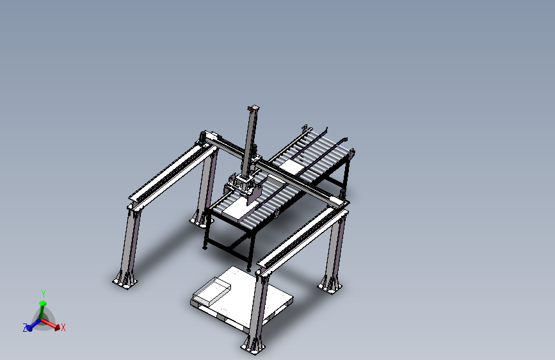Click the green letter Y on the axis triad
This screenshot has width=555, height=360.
[x=44, y=294]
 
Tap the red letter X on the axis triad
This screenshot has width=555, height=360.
[x=63, y=327]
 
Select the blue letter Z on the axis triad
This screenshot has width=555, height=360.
[x=25, y=328]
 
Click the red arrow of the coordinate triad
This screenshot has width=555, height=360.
[x=55, y=325]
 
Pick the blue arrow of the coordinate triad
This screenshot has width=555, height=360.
[x=31, y=326]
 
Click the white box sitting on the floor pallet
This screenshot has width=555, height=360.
[x=211, y=292]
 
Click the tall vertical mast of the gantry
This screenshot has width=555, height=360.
[x=250, y=141]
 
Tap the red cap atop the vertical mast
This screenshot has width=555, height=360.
[x=254, y=106]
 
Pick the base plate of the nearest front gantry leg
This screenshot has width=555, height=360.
[x=253, y=346]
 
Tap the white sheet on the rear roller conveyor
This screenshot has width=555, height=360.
[x=294, y=166]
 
